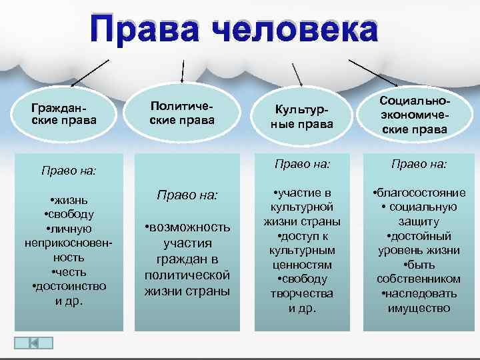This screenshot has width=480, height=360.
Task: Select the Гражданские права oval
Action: point(64,114)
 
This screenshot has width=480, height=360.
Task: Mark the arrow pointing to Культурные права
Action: point(297,73)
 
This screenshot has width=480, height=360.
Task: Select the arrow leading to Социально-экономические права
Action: point(373,73)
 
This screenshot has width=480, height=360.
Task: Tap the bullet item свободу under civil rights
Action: point(69,214)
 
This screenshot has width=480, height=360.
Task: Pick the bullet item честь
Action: point(69,271)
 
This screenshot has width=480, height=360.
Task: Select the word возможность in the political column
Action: point(189,227)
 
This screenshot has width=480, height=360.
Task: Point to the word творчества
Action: point(302,293)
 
